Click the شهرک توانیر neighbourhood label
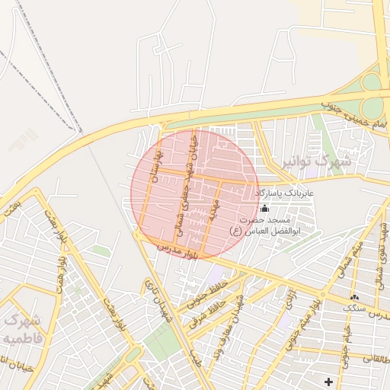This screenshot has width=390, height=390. coord(316,162)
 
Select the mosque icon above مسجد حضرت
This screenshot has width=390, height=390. coord(264,209)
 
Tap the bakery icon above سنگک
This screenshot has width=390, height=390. coord(353,296)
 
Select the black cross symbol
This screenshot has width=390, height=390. coord(328,381)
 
